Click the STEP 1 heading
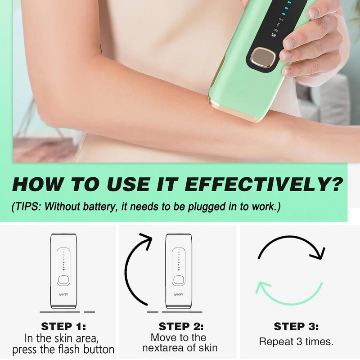pyautogui.click(x=63, y=326)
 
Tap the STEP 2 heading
pyautogui.click(x=181, y=326)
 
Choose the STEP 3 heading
pyautogui.click(x=296, y=326)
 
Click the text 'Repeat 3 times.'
pyautogui.click(x=296, y=342)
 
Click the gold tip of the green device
pyautogui.click(x=234, y=110)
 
